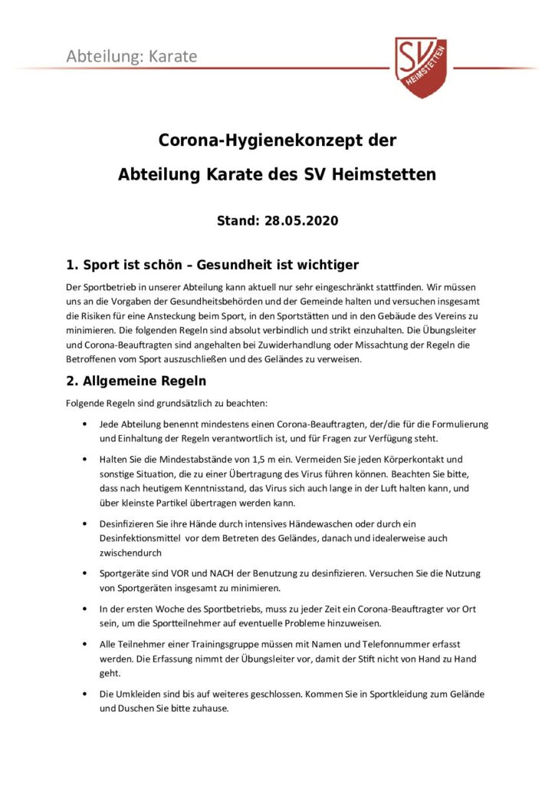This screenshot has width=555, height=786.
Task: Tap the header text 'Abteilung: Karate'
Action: click(x=131, y=56)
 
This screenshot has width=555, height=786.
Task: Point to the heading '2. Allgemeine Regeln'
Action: click(x=136, y=381)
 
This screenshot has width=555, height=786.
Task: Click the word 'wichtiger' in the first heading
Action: click(x=328, y=266)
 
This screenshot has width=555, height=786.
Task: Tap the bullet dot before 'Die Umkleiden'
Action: click(x=83, y=694)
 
